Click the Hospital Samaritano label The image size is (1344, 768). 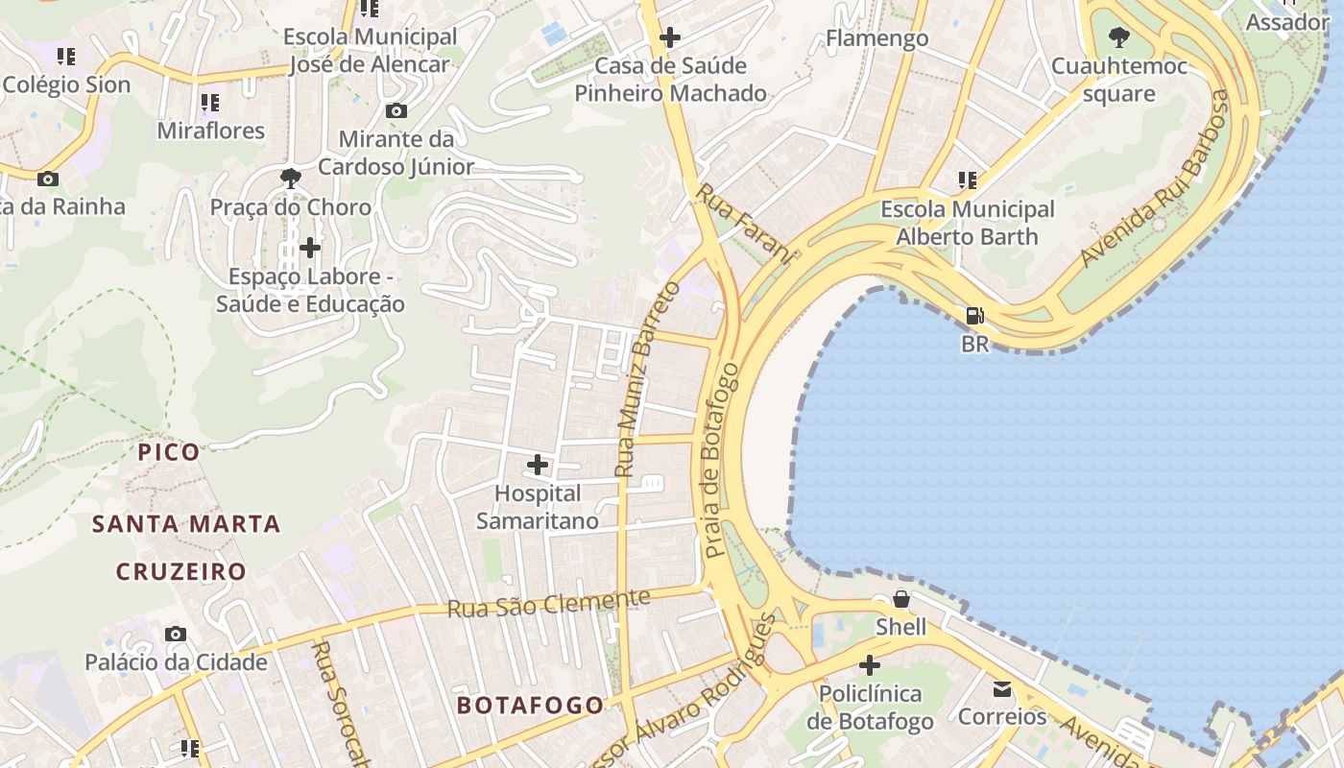click(537, 507)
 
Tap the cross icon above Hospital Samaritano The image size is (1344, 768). click(538, 466)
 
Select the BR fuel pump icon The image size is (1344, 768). click(974, 316)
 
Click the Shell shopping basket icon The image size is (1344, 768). click(901, 600)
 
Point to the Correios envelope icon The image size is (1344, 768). click(1002, 689)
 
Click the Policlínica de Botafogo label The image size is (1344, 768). click(870, 708)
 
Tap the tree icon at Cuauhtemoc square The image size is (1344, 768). click(1118, 38)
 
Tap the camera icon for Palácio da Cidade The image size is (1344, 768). click(175, 634)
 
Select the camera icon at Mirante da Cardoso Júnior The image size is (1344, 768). click(396, 110)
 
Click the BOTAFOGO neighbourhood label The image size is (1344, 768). click(530, 706)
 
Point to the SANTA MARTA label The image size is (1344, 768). click(186, 524)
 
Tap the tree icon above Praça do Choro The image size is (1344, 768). click(290, 178)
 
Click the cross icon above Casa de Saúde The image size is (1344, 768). click(670, 38)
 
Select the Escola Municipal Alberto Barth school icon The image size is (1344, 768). click(967, 180)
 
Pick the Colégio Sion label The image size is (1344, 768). click(66, 84)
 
